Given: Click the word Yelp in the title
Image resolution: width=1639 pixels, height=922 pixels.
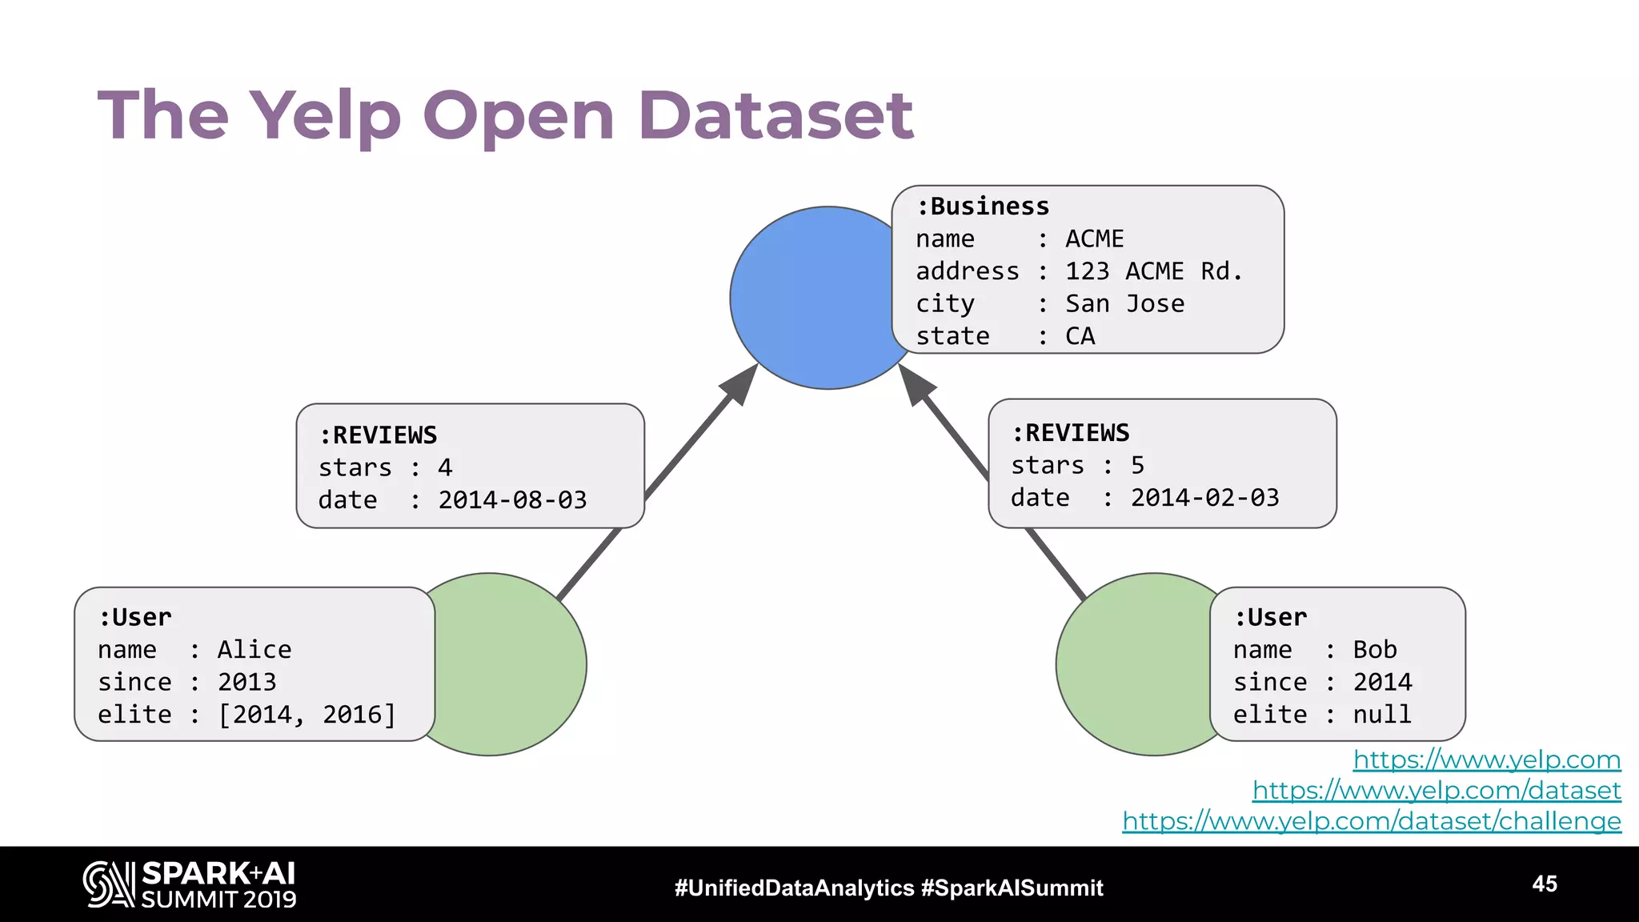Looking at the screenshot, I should [325, 116].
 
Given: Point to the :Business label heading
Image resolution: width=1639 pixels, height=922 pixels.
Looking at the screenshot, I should [983, 206].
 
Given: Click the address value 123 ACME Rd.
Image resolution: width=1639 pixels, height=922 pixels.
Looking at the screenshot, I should [1153, 271].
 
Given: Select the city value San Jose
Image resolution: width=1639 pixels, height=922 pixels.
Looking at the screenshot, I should [1124, 304].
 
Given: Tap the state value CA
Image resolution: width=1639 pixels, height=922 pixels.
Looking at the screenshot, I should [1080, 336].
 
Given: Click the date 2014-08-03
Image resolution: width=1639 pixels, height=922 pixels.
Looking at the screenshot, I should [512, 500].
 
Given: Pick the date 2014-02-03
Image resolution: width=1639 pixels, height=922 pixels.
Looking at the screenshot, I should [1204, 498].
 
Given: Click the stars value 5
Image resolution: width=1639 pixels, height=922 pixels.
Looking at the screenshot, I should [1137, 465].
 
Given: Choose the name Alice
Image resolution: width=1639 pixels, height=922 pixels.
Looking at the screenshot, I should [254, 650].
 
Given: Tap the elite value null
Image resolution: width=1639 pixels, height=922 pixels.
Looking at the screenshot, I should [1382, 715].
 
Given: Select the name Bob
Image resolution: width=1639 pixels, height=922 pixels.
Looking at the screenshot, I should [1375, 650].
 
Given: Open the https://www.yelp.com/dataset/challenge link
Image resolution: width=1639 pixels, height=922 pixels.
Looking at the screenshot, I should [1371, 821].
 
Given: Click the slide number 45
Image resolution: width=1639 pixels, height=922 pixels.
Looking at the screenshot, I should [1545, 884].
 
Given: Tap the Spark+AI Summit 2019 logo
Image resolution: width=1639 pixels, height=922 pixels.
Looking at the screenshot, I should [190, 884].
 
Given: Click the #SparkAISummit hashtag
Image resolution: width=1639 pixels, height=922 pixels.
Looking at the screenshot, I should [1012, 888].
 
